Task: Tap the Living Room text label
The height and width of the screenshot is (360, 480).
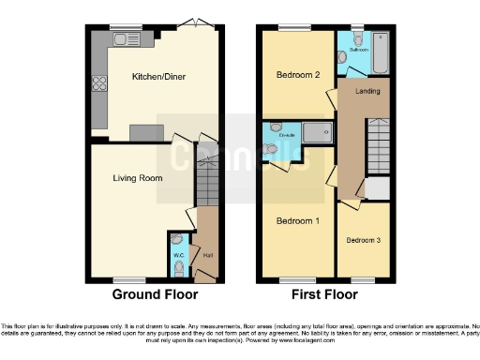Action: (138, 177)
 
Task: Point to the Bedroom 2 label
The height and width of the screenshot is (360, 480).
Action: (298, 74)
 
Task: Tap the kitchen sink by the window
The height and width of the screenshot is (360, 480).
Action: (122, 38)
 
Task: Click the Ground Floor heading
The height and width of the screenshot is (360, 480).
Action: (156, 294)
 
